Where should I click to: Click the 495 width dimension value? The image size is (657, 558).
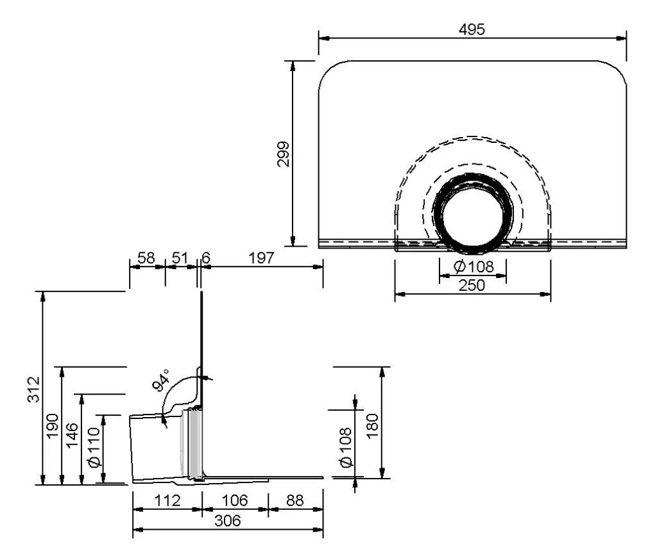[472, 29]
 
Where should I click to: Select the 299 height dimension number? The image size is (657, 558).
[284, 154]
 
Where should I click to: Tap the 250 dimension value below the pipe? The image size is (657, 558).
[472, 285]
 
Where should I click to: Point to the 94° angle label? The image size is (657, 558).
[161, 381]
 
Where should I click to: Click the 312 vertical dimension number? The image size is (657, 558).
[33, 390]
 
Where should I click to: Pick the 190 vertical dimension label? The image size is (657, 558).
[53, 426]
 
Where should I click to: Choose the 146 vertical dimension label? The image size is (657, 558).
[72, 435]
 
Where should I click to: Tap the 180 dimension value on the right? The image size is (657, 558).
[372, 426]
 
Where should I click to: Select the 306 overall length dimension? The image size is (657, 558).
[228, 521]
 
